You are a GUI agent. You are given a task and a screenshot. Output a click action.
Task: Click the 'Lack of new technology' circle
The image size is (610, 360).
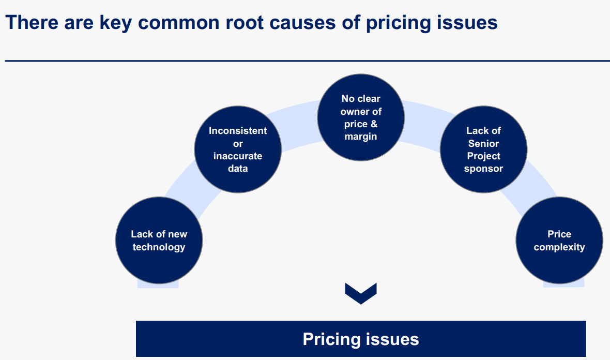pos(159,241)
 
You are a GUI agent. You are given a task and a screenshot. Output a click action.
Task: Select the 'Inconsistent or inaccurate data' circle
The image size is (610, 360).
pos(238,149)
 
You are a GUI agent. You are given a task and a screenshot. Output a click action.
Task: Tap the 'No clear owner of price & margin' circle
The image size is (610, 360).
pos(361,117)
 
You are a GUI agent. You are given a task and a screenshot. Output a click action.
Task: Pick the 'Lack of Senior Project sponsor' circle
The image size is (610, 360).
pos(483,149)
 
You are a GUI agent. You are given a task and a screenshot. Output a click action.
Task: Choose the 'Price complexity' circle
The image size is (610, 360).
pos(559,241)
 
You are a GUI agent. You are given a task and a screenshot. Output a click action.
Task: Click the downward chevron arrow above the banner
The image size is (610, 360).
pos(361,293)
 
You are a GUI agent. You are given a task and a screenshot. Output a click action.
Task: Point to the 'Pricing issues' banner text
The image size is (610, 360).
pos(361,339)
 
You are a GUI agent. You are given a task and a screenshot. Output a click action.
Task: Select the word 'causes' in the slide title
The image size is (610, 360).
pos(299,23)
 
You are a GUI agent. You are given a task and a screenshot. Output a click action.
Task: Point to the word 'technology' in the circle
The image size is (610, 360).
pos(159,247)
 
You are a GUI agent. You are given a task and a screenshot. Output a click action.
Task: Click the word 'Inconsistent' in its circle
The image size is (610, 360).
pos(238,131)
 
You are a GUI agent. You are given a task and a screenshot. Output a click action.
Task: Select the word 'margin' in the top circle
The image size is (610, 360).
pos(361,137)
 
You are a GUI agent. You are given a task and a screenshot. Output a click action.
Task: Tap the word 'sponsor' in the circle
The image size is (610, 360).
pos(483,169)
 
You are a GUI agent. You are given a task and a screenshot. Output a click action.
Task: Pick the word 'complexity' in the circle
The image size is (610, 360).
pos(559,247)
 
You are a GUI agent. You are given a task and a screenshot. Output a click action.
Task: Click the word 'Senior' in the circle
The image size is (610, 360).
pos(483,143)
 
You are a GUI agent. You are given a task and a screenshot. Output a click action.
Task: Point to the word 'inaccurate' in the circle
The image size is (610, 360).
pos(238,156)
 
